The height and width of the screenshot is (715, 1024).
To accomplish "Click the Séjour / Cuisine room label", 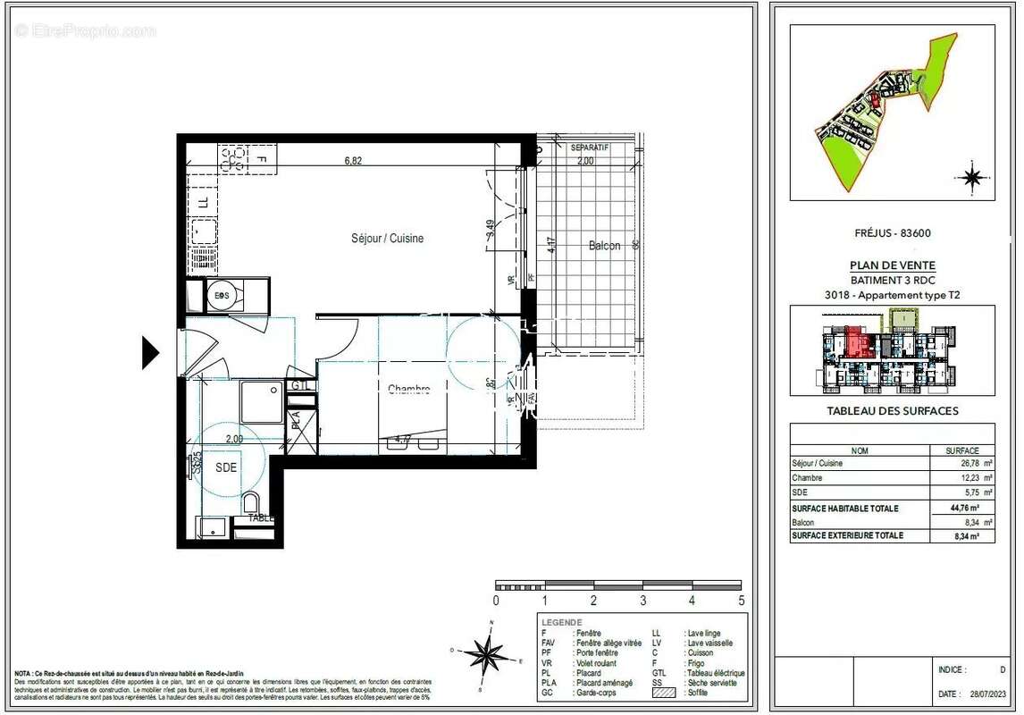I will pos(387,239).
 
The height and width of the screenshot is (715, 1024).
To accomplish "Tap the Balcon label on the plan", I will pos(604,246).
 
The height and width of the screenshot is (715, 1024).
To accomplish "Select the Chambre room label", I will pos(408,389).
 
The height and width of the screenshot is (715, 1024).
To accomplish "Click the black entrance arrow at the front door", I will pos(151,353).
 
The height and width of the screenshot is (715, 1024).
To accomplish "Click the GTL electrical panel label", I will pos(300,386).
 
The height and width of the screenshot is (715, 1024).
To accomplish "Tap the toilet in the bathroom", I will pos(251,502).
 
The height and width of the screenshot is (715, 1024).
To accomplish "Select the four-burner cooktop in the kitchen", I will pos(233,159).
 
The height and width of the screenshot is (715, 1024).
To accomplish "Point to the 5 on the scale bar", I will pos(741,601).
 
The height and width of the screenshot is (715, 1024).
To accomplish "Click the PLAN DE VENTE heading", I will pos(891,265).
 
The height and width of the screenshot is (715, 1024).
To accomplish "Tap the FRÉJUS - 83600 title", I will pos(892,233).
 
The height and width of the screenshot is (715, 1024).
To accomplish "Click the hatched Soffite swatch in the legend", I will pos(664,693).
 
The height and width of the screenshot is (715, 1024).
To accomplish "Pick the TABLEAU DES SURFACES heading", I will pos(892,411).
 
